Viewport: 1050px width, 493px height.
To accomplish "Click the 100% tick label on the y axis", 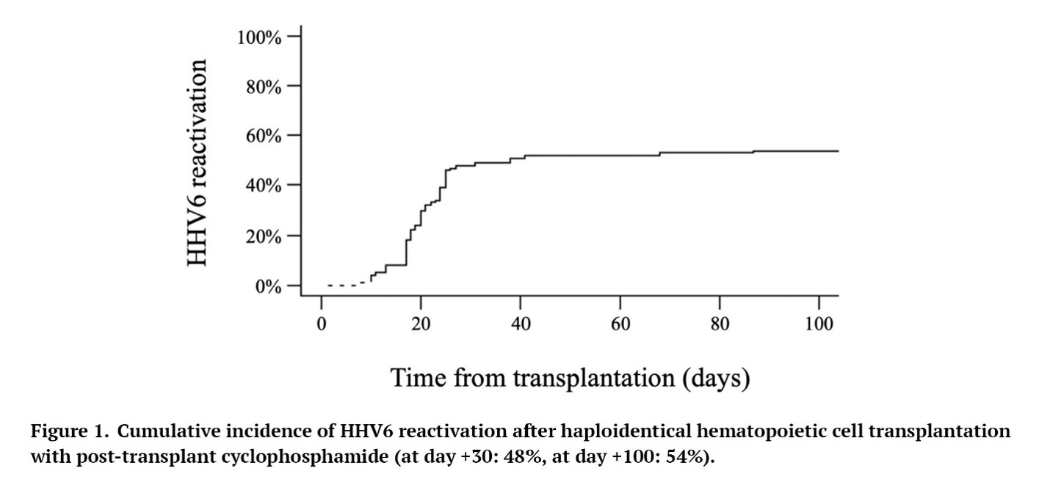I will click(x=259, y=37).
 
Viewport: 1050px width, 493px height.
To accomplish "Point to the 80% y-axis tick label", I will click(x=263, y=87).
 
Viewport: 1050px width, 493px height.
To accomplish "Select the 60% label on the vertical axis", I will click(x=263, y=136).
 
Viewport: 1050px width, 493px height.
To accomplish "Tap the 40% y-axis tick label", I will click(x=263, y=186).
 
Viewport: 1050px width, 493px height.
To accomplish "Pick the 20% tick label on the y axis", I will click(x=263, y=237).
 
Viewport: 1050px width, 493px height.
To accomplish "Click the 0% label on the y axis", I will click(x=268, y=287).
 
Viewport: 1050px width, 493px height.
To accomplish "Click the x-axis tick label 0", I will click(x=322, y=324).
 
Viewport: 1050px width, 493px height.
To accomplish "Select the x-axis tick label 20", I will click(x=421, y=324).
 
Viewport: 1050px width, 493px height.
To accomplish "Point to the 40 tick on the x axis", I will click(x=521, y=324).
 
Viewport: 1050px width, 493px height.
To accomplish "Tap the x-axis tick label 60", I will click(x=620, y=324).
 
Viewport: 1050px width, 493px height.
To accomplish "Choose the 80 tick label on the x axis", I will click(x=720, y=324).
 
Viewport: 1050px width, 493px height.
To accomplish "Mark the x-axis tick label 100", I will click(x=819, y=324).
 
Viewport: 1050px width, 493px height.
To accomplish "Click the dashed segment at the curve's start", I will click(x=345, y=284).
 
